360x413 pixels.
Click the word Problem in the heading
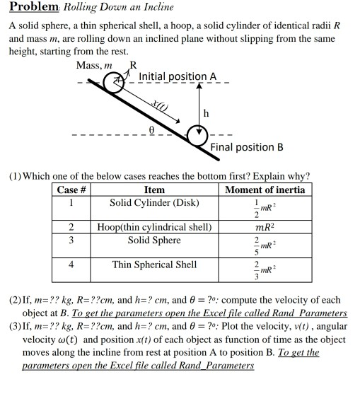click(x=30, y=8)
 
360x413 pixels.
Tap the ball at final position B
click(x=199, y=134)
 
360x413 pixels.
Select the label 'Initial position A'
click(x=178, y=76)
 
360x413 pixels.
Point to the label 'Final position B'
click(x=247, y=147)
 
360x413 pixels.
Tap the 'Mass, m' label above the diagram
click(x=93, y=65)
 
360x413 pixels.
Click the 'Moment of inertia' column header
click(x=265, y=190)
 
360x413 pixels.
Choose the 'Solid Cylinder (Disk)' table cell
click(x=154, y=203)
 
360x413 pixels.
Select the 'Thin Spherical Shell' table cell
click(x=154, y=264)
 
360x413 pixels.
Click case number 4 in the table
click(x=71, y=264)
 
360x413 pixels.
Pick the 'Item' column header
click(x=154, y=190)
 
